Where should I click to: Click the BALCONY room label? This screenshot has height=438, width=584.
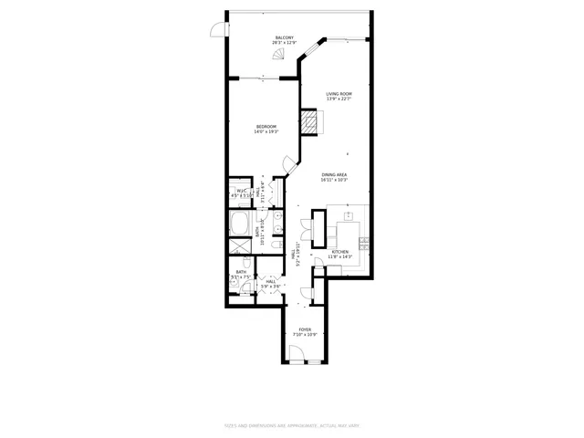[285, 37]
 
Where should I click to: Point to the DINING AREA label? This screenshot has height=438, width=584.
[336, 174]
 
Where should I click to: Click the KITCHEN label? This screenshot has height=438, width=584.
[339, 251]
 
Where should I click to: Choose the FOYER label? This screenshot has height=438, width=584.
[304, 329]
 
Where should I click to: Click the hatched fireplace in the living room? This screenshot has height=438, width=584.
[314, 121]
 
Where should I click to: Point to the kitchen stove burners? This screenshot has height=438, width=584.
[364, 242]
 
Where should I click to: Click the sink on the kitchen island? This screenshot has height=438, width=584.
[348, 217]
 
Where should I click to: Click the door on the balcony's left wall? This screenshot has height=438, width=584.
[216, 30]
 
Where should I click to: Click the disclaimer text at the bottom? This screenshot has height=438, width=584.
[291, 424]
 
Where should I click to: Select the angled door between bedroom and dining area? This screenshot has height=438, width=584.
[290, 165]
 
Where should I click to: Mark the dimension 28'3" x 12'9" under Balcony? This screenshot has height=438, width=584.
[285, 43]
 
